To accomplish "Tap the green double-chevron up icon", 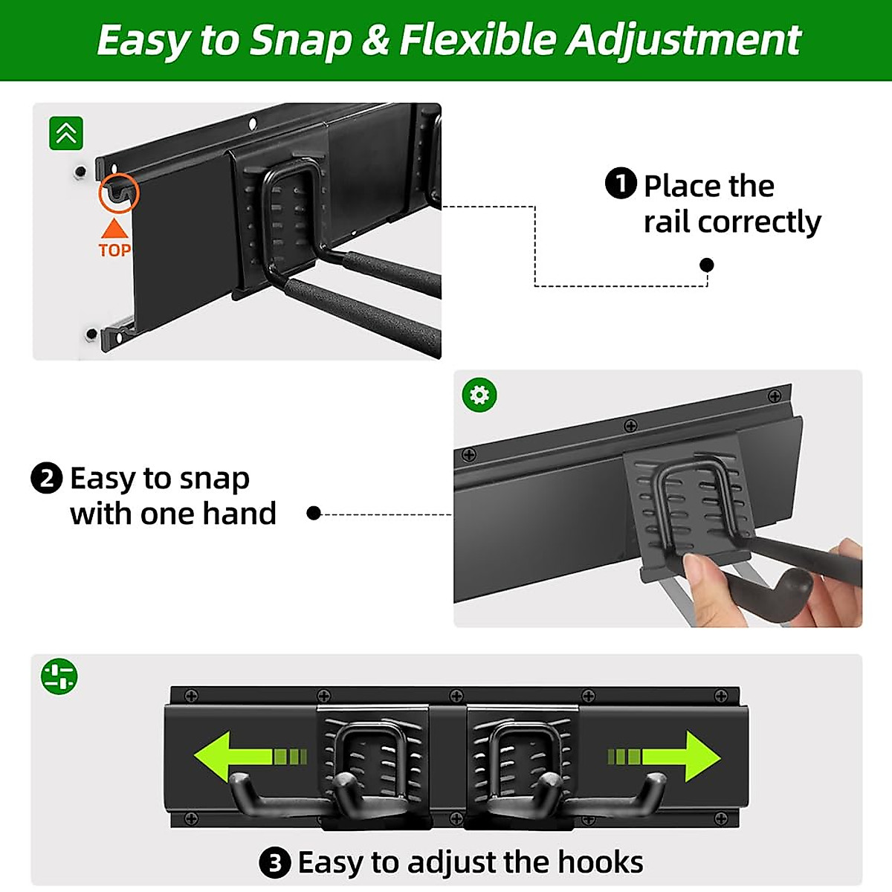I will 66,134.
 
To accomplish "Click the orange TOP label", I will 114,250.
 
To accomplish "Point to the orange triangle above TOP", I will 114,227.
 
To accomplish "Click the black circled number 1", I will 621,184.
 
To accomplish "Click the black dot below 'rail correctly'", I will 707,265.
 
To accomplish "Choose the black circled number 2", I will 46,478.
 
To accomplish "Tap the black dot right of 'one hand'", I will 314,513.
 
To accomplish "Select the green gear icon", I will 479,395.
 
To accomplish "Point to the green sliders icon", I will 59,676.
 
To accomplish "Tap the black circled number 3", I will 275,863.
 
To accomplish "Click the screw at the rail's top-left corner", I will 191,696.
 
